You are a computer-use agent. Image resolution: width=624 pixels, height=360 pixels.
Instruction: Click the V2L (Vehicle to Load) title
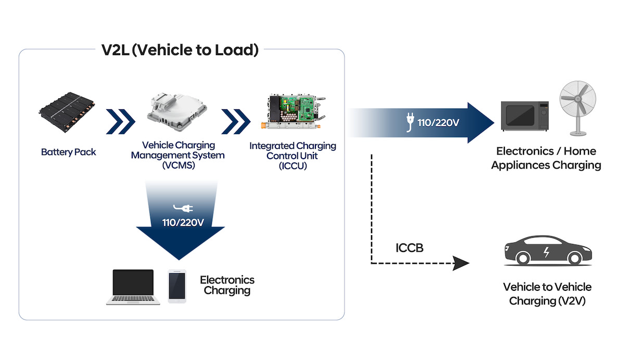[180, 50]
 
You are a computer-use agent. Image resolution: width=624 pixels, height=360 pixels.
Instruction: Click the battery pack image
[69, 112]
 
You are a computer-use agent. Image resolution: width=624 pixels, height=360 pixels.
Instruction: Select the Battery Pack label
[69, 152]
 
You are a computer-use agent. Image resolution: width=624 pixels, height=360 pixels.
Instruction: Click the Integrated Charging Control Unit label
[292, 156]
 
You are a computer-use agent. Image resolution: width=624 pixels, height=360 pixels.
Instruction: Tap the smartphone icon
[177, 285]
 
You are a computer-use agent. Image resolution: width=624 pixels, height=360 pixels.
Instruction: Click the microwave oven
[524, 116]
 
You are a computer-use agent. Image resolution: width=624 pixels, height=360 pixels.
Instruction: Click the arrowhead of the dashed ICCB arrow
[461, 263]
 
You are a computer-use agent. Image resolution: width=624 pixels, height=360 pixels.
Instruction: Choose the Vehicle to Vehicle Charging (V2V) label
[547, 294]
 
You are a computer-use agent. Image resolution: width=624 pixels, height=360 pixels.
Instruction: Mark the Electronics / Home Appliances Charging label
[546, 158]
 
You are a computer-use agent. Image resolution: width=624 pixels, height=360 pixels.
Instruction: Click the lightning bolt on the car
[545, 253]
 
